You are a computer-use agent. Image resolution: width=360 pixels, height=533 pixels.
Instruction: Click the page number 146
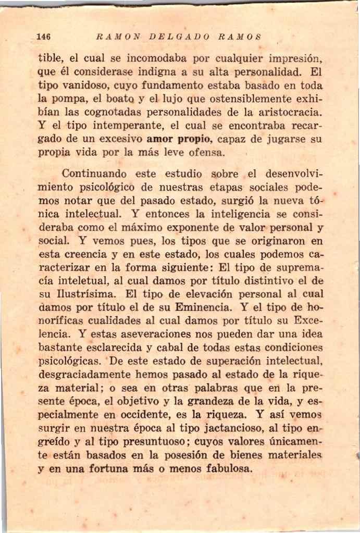coord(43,36)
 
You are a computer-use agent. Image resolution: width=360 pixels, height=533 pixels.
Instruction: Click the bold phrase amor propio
coord(179,139)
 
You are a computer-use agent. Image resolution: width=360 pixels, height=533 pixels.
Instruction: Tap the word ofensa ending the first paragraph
coord(205,153)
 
